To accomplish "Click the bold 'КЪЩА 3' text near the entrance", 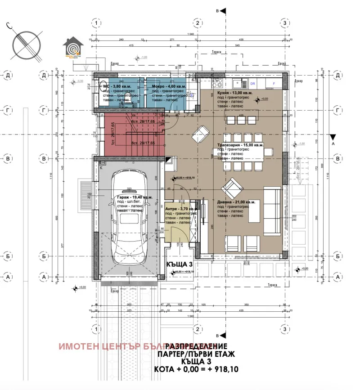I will click(180, 265).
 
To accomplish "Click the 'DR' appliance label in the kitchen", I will click(252, 84).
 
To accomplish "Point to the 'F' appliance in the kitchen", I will click(273, 84).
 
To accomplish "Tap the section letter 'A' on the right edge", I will click(333, 144).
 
